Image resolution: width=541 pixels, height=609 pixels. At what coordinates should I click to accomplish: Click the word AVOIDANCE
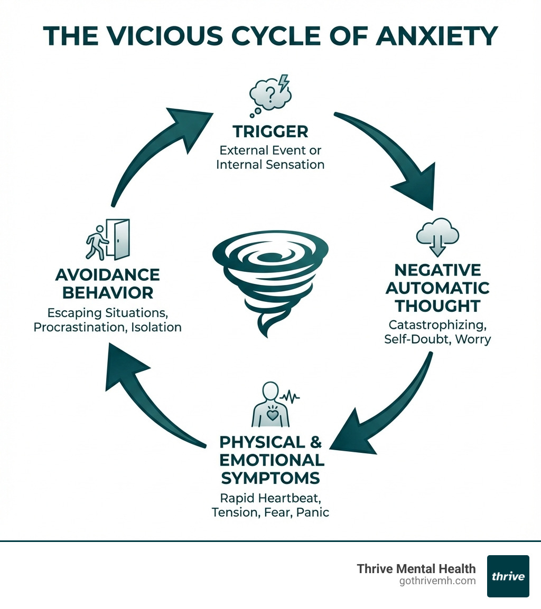pos(107,275)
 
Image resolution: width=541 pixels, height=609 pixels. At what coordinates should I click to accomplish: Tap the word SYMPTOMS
pos(270,478)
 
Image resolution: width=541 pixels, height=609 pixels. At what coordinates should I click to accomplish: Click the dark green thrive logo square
pos(508,576)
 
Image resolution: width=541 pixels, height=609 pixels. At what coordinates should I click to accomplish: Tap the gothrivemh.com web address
pos(438,581)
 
